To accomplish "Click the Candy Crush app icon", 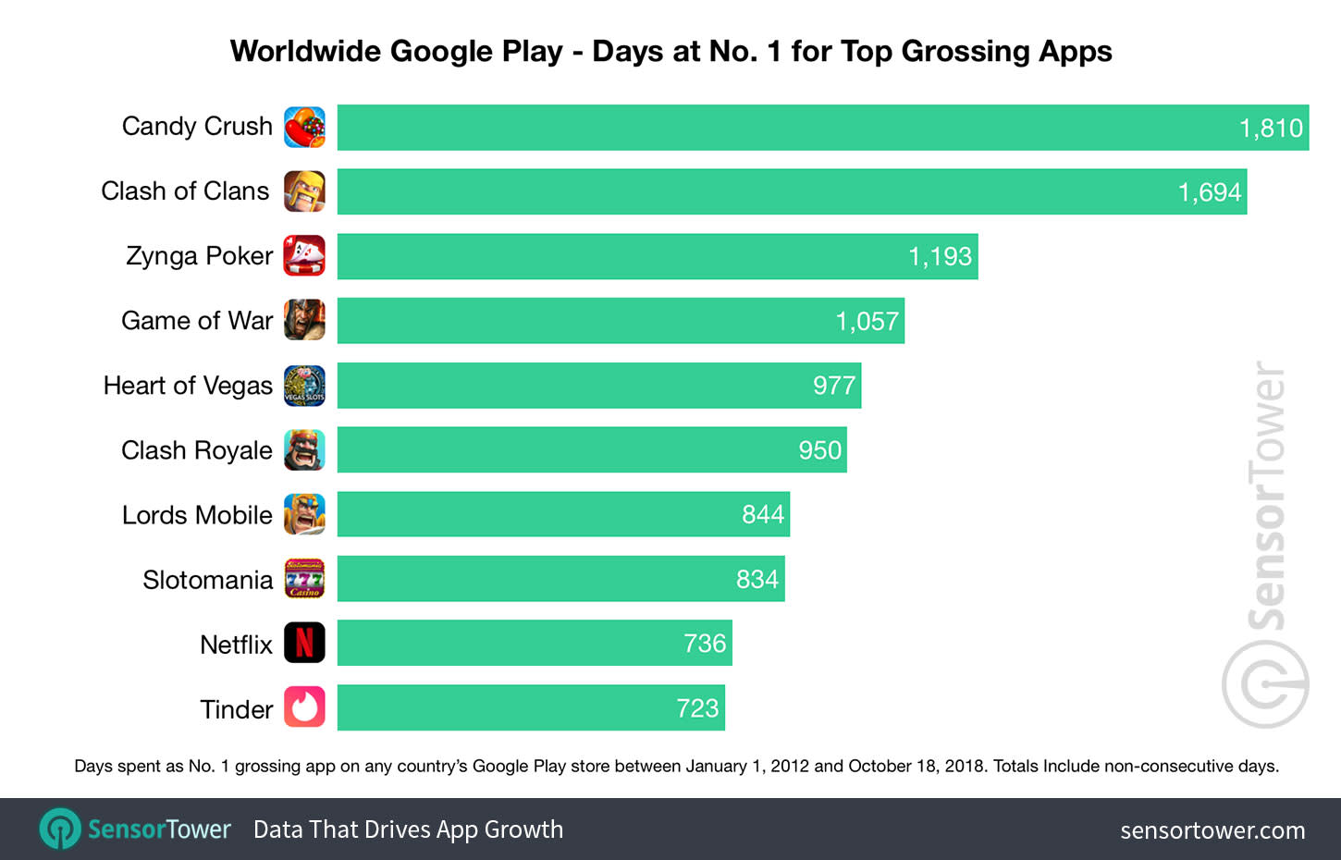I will [x=304, y=128].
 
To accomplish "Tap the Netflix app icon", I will [x=304, y=644].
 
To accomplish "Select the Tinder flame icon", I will [x=304, y=708].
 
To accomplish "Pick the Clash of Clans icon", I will [x=304, y=191].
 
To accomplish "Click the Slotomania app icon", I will [x=304, y=579].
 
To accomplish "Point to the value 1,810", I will [x=1271, y=128].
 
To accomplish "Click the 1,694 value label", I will [x=1209, y=192].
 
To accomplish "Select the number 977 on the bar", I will [x=833, y=386].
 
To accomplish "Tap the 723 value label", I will [x=697, y=708].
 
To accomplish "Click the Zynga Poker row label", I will [x=199, y=256].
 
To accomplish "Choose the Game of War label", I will [x=197, y=321].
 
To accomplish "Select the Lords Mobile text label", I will [x=197, y=515].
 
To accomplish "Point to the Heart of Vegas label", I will [x=188, y=386].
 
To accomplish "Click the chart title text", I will [x=670, y=51].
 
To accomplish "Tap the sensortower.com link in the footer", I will [x=1212, y=830].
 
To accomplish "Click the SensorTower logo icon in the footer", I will [x=61, y=829].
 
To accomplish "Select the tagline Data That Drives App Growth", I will [x=408, y=829].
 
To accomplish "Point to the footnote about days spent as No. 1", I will [x=676, y=766].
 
